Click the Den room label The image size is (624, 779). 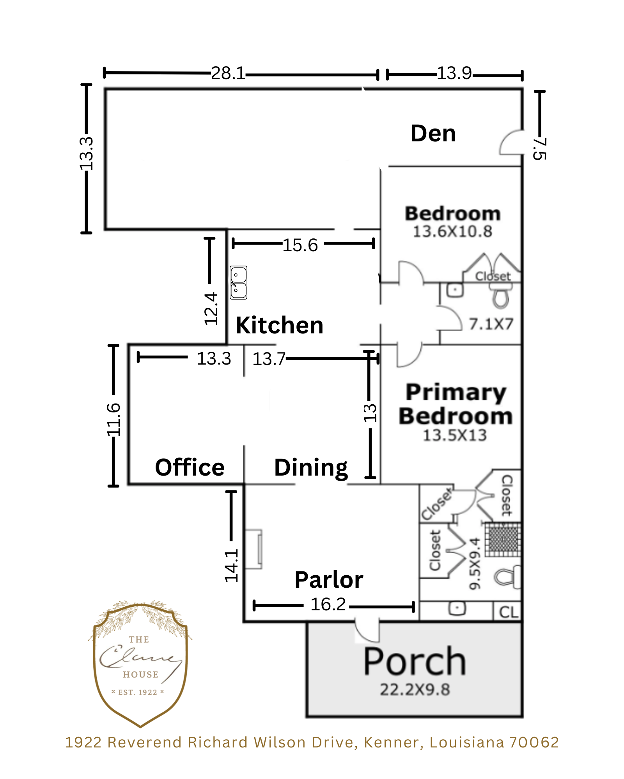tap(433, 134)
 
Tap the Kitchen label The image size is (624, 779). tap(280, 325)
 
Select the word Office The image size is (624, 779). tap(190, 467)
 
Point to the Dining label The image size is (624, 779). tap(311, 468)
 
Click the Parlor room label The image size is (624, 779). tap(329, 580)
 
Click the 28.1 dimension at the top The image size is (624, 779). tap(228, 73)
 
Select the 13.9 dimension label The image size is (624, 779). tap(454, 73)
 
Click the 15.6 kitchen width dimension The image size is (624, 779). tap(300, 245)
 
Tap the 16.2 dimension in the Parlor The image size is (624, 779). tap(328, 605)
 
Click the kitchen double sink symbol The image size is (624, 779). tap(238, 282)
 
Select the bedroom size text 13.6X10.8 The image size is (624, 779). tap(452, 231)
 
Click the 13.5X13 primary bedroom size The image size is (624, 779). tap(455, 435)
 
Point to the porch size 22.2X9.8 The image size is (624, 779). tap(415, 689)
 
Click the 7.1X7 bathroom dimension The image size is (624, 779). tap(491, 324)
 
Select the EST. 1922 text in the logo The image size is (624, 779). tap(138, 692)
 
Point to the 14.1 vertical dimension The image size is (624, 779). tap(231, 566)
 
